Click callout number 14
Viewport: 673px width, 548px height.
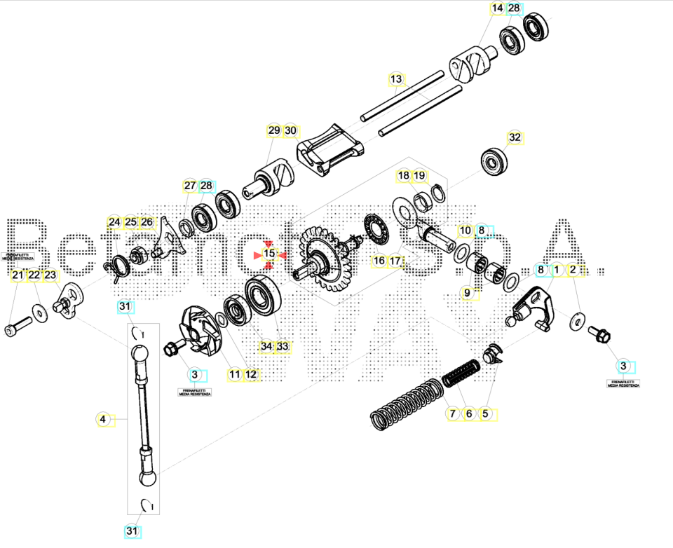(x=497, y=8)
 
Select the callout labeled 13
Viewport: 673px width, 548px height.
(x=396, y=79)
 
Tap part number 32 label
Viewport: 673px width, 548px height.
(x=515, y=137)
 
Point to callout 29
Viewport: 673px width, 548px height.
(x=273, y=130)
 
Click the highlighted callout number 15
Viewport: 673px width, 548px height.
(x=269, y=252)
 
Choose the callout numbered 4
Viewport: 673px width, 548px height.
(x=103, y=419)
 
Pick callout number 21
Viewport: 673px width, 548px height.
(x=17, y=276)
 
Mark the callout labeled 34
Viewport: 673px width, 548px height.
(x=266, y=346)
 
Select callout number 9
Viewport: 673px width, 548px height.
(x=467, y=292)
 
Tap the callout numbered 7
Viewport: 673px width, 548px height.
(x=452, y=413)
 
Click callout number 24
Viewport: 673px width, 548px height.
(x=114, y=223)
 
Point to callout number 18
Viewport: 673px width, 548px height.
(x=403, y=175)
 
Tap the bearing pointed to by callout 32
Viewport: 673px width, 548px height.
(x=496, y=162)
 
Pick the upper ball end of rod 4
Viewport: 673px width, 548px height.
(x=139, y=351)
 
